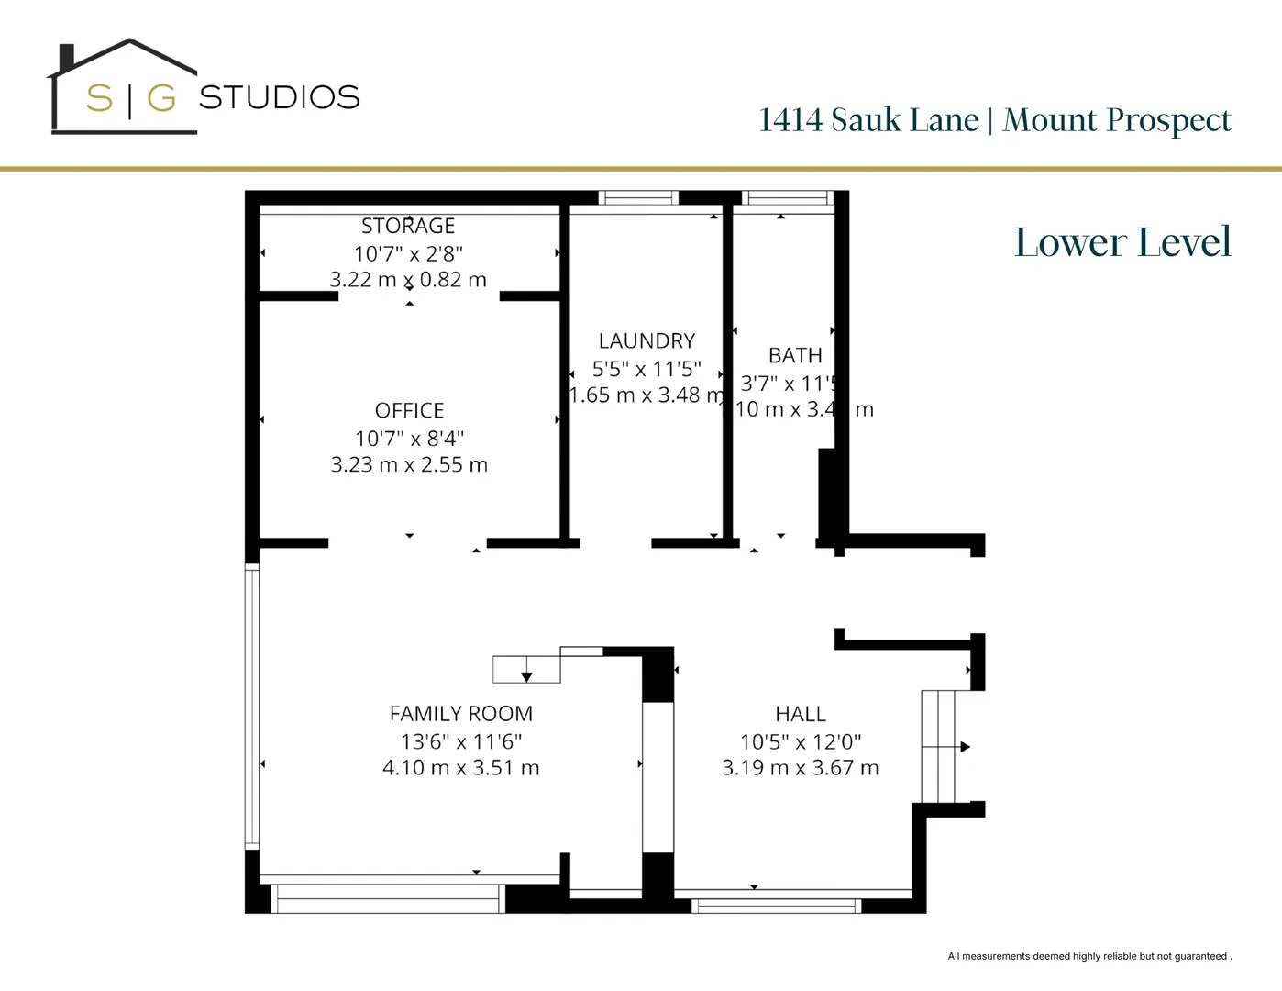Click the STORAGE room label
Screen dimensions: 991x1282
[x=408, y=226]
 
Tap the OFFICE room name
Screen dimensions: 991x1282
[x=409, y=410]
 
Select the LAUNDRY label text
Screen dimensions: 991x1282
[x=647, y=341]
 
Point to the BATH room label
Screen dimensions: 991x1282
[x=795, y=355]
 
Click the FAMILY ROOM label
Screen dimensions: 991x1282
[x=460, y=714]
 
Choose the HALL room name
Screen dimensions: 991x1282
[x=801, y=714]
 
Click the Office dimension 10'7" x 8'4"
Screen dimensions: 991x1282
[x=409, y=439]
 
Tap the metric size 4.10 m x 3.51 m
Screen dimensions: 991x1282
[x=460, y=768]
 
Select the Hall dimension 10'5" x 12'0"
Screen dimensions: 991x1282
[x=801, y=741]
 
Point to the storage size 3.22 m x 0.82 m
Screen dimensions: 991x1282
[x=408, y=280]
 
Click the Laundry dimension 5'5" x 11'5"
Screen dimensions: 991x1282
[x=647, y=369]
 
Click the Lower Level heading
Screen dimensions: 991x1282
[x=1122, y=242]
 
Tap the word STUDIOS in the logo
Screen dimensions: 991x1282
[x=280, y=97]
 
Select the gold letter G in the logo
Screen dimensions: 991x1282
[x=161, y=97]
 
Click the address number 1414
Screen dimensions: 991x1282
[x=790, y=120]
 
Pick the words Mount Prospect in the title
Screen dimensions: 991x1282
[x=1117, y=120]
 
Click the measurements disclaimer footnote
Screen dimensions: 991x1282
[x=1089, y=956]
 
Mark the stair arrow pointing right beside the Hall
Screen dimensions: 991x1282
[x=964, y=747]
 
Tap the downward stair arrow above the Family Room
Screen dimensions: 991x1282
[x=526, y=676]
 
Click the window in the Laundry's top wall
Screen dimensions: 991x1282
[x=638, y=197]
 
